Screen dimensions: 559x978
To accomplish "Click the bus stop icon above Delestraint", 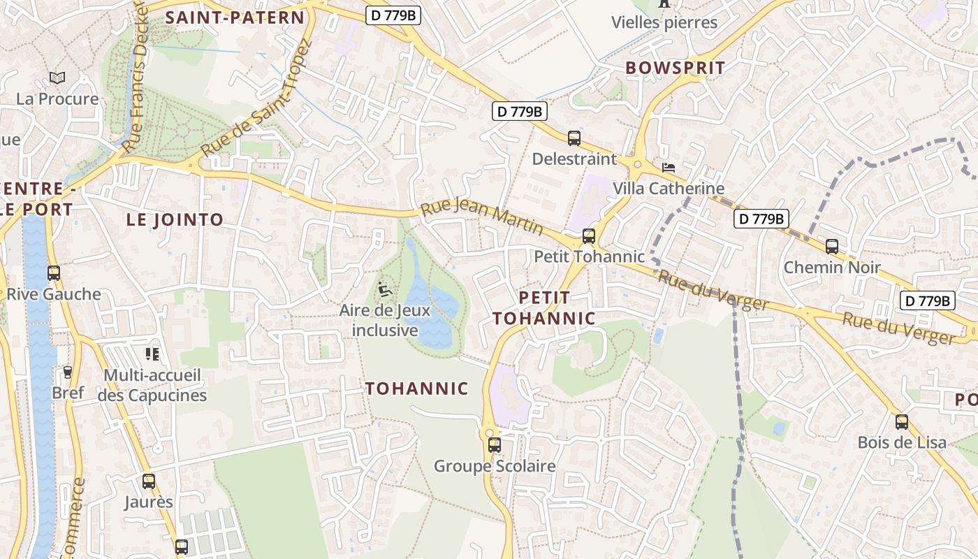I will tap(574, 138).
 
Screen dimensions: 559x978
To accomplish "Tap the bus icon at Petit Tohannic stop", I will tap(589, 236).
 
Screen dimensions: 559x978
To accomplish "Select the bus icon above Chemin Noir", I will tap(831, 247).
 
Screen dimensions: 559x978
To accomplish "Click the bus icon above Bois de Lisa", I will tap(902, 422).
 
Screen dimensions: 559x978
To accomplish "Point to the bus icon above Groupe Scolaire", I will tap(495, 445).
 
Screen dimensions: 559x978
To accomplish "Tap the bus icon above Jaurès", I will tap(149, 481).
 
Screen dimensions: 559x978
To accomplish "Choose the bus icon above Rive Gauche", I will tap(54, 273).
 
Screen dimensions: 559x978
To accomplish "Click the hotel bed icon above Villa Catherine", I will tap(669, 168).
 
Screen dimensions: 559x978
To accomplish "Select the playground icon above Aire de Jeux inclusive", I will tap(384, 288).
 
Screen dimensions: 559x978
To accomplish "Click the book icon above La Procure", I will tap(57, 78).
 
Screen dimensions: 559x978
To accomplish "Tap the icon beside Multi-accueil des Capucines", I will tap(152, 354).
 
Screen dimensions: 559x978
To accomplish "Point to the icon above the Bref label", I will tap(68, 372).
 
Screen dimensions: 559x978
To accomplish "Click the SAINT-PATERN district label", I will tap(235, 18).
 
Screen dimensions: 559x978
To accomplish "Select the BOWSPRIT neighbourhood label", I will tap(676, 68).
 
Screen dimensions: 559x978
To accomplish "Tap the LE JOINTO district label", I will tap(175, 219).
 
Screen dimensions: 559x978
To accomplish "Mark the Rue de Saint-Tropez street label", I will tap(256, 97).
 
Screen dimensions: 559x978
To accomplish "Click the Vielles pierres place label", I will tap(664, 22).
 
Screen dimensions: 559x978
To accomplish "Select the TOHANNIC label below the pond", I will tap(417, 389).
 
